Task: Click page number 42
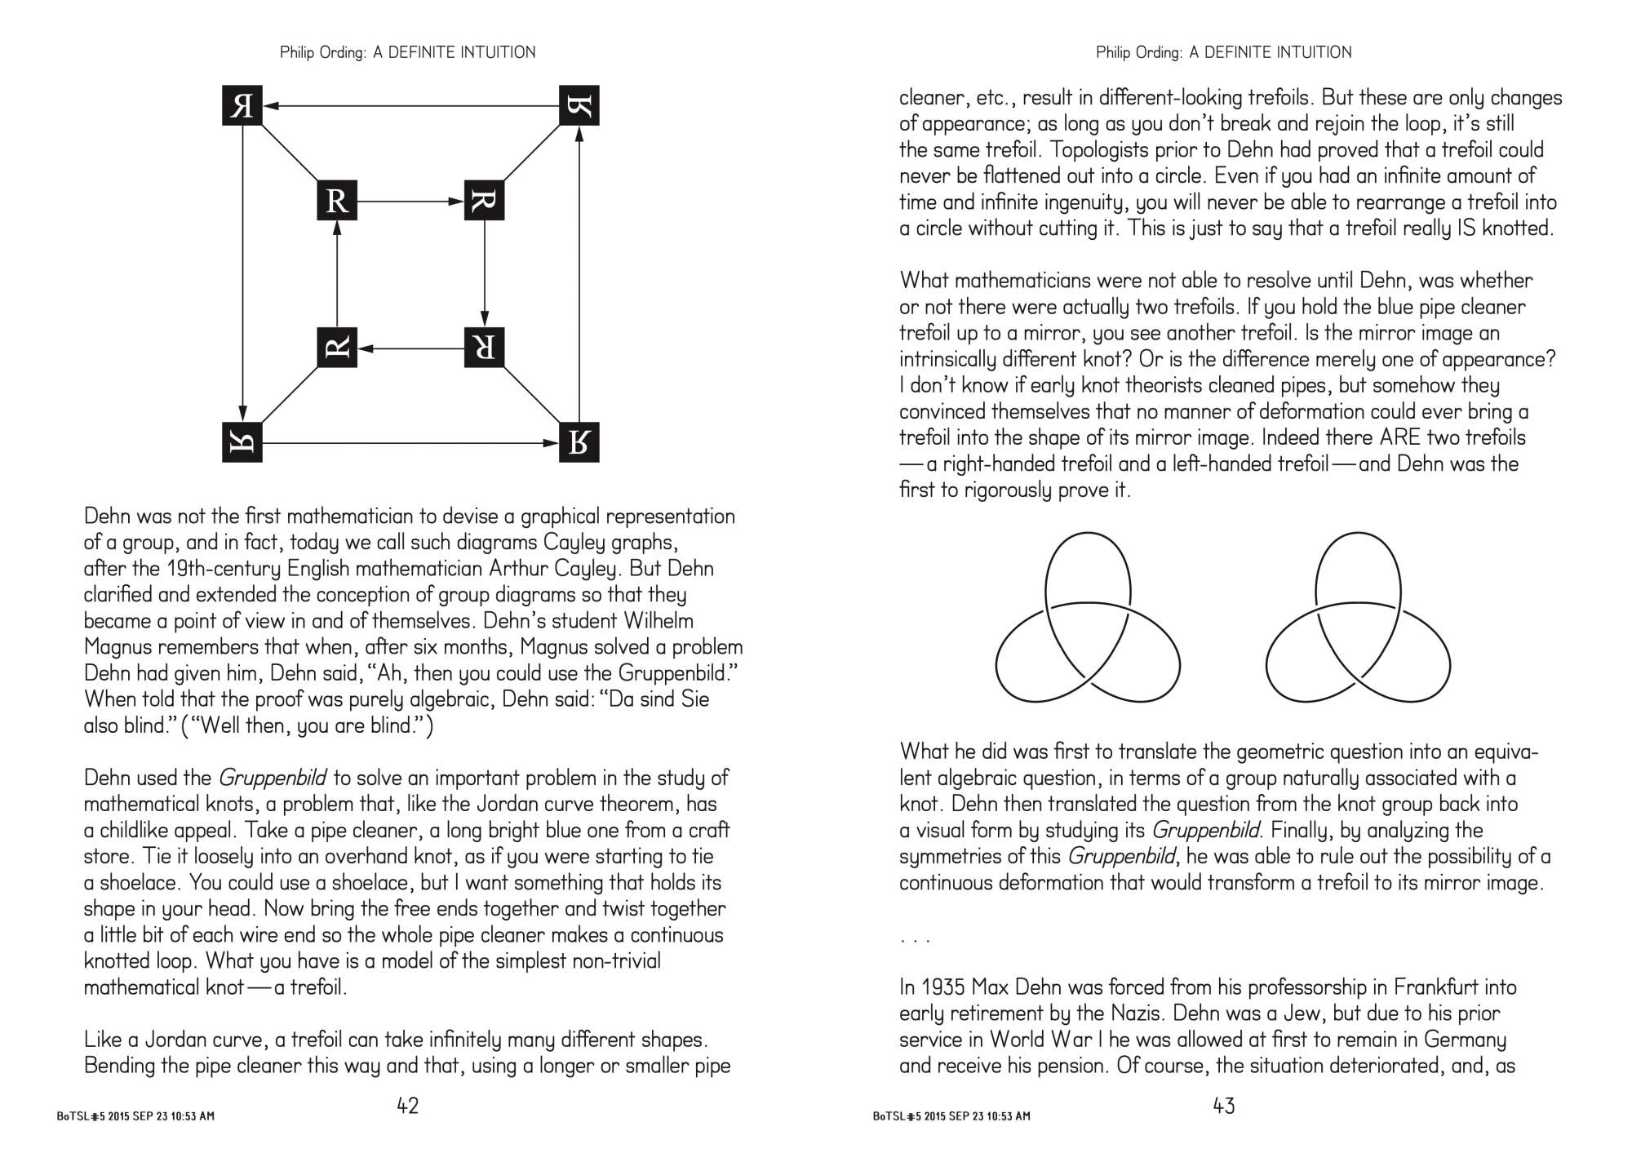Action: (407, 1106)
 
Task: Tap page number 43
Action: (1224, 1106)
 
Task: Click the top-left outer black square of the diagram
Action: (242, 106)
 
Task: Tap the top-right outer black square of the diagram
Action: (579, 106)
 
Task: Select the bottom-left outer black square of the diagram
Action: (242, 442)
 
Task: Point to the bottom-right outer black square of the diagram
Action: (579, 442)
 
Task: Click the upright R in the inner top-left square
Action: (337, 201)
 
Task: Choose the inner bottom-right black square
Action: (484, 348)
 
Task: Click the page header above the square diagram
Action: (407, 52)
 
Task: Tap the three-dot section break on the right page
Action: (915, 939)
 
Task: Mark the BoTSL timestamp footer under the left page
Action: (135, 1116)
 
